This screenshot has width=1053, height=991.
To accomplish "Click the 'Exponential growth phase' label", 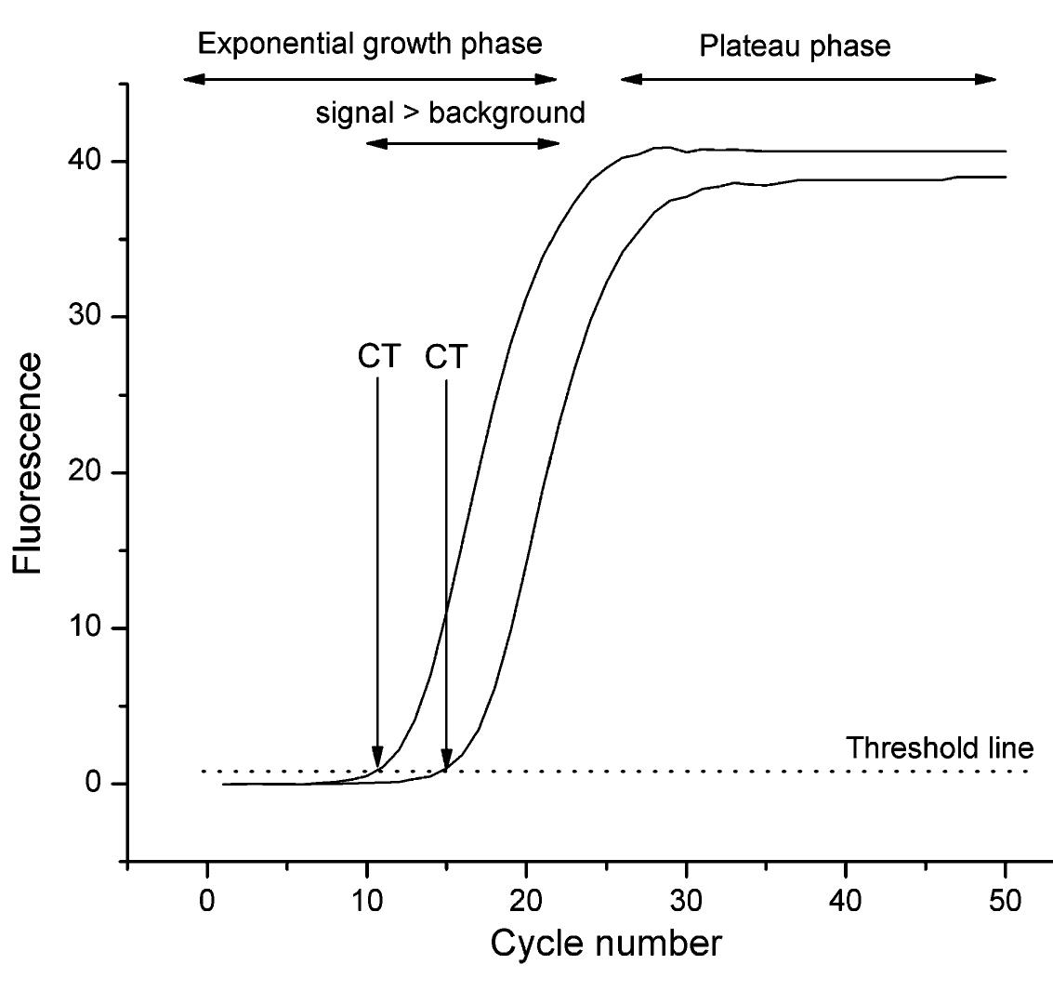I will coord(370,44).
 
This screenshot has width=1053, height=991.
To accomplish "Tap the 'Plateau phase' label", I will coord(795,46).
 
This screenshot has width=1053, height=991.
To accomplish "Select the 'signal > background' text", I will coord(450,113).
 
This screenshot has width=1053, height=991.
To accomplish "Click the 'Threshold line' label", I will coord(940,747).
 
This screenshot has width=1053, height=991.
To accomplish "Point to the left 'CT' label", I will coord(379,358).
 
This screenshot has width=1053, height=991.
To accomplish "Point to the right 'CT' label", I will coord(446,358).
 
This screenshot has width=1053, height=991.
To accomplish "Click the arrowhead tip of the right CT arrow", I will coord(446,770).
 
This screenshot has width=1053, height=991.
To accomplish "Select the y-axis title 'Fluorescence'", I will coord(28,463).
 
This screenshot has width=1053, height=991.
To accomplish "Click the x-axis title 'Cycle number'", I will coord(605,944).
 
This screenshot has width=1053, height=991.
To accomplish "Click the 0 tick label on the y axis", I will coord(93,784).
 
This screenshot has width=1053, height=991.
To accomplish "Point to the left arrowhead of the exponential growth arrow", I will coord(190,80).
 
